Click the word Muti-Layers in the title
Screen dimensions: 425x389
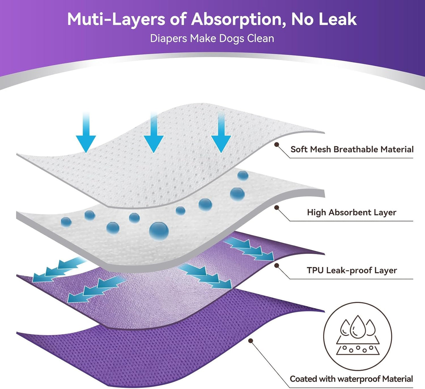(116, 20)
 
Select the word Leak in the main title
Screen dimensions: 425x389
(338, 19)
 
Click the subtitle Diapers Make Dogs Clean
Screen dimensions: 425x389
(212, 39)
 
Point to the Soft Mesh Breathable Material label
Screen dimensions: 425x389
(352, 149)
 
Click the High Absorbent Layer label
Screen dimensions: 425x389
(352, 212)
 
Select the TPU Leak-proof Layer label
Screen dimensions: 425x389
(352, 270)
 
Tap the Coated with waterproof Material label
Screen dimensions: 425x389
(351, 379)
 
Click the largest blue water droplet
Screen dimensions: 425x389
(159, 231)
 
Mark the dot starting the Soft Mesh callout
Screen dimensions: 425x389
(276, 144)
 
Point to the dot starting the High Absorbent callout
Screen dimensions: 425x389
(276, 207)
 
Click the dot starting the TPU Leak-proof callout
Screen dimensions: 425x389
(276, 265)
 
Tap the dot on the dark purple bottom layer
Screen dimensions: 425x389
(251, 341)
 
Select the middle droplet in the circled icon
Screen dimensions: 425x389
(358, 327)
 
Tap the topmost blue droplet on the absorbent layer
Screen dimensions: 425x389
(243, 176)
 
